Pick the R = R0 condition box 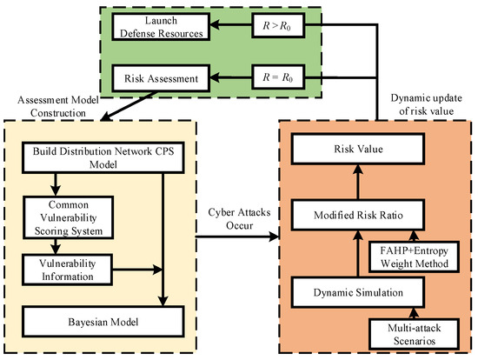point(278,80)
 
